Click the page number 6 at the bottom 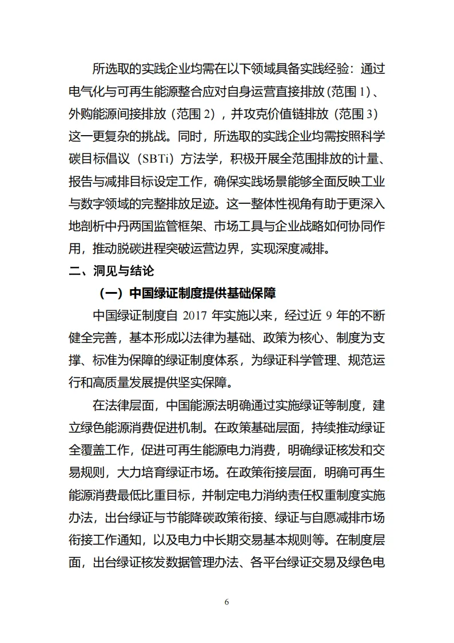tap(227, 602)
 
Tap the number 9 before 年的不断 tap(328, 315)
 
